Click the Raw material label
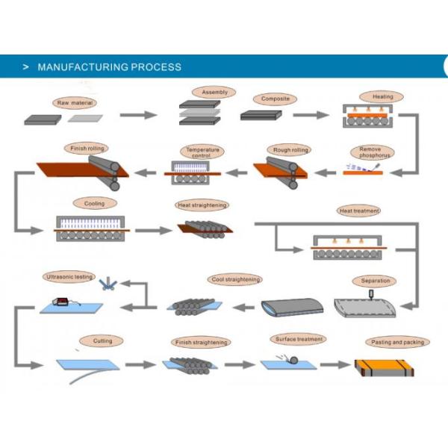click(75, 102)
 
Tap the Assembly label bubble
click(214, 93)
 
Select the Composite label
click(275, 99)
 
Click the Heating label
click(377, 97)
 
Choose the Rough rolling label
click(290, 150)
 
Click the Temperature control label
click(203, 152)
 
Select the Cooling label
click(95, 203)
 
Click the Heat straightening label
click(202, 205)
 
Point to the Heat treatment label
click(359, 211)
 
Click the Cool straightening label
click(236, 279)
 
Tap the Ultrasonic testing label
click(69, 277)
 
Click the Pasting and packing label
click(397, 342)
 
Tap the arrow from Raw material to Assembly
click(139, 115)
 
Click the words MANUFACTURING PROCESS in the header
click(109, 66)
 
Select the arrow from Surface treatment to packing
click(332, 364)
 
